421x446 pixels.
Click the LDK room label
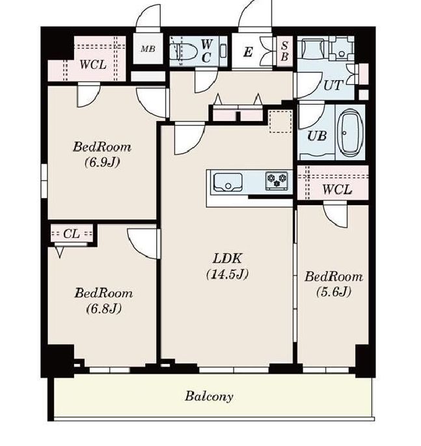point(227,258)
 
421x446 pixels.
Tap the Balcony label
point(209,397)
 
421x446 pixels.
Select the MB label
point(148,49)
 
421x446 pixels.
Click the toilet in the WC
point(184,51)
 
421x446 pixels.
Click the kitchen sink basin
point(228,182)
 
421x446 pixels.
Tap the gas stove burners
point(277,180)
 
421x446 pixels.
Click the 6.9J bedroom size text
point(102,162)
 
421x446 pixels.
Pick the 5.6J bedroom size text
point(333,292)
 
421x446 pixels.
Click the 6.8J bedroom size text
point(103,308)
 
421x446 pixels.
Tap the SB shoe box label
point(284,51)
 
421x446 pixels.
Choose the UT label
point(333,85)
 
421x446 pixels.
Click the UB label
point(317,136)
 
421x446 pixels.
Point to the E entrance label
point(248,52)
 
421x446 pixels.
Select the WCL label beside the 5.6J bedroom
point(337,189)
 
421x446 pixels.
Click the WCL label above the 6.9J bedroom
point(93,65)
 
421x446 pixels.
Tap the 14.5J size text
point(227,274)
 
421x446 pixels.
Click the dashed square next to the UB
point(280,122)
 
